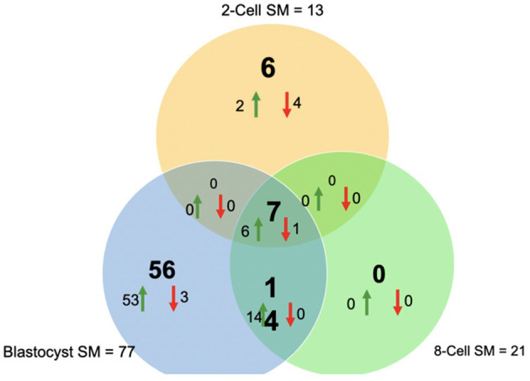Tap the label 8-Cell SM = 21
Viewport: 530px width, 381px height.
pyautogui.click(x=480, y=350)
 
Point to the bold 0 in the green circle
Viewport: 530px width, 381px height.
pyautogui.click(x=379, y=275)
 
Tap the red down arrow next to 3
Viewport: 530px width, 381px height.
pyautogui.click(x=173, y=299)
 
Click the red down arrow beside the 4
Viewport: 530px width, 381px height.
pyautogui.click(x=286, y=104)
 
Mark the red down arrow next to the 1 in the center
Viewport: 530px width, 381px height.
pyautogui.click(x=286, y=228)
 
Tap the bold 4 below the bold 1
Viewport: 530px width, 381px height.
pyautogui.click(x=273, y=321)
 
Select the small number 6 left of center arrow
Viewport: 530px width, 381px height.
pyautogui.click(x=245, y=229)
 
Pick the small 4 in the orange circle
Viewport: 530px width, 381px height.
pyautogui.click(x=296, y=104)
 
